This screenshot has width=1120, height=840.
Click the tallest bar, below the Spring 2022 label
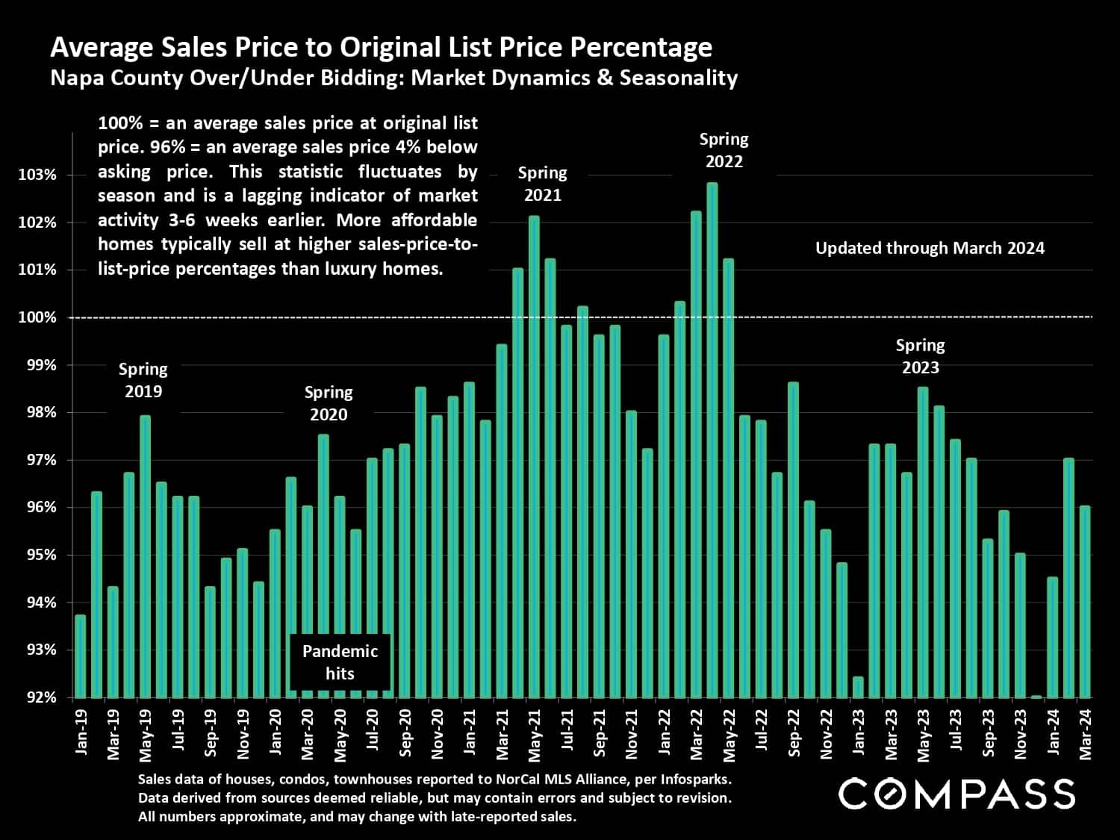point(712,441)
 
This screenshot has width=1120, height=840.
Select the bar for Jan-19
point(81,656)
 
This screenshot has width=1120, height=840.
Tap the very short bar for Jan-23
point(858,687)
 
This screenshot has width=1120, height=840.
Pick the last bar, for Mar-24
point(1085,602)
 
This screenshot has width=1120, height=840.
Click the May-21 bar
point(534,456)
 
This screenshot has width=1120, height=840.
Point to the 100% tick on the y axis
point(37,317)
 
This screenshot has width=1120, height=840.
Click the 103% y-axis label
point(37,175)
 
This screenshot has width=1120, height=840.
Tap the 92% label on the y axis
point(37,697)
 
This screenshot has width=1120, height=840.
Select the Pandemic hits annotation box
point(340,662)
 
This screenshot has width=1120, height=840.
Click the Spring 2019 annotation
point(143,380)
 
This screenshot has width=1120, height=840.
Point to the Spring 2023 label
point(920,356)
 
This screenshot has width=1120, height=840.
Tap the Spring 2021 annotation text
point(542,184)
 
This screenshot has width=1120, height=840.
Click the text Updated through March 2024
point(930,248)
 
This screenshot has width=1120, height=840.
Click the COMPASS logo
point(956,794)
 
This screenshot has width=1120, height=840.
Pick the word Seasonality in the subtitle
point(679,78)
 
